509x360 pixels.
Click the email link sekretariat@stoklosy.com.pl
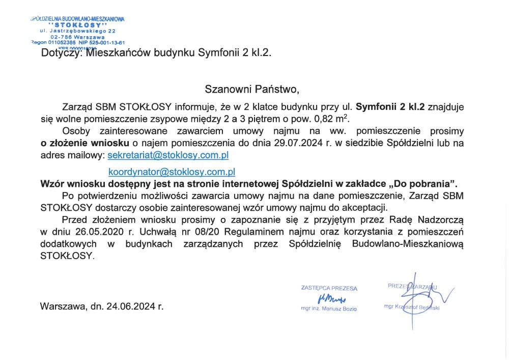point(168,154)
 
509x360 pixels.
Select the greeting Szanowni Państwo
point(252,89)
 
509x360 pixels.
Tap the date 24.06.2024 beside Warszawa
point(131,307)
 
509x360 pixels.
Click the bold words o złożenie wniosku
point(85,143)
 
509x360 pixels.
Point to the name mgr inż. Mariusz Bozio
point(329,309)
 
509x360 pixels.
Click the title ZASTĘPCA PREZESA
point(329,288)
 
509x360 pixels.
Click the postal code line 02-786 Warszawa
point(78,37)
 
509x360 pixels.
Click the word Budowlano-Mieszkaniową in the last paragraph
point(408,244)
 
